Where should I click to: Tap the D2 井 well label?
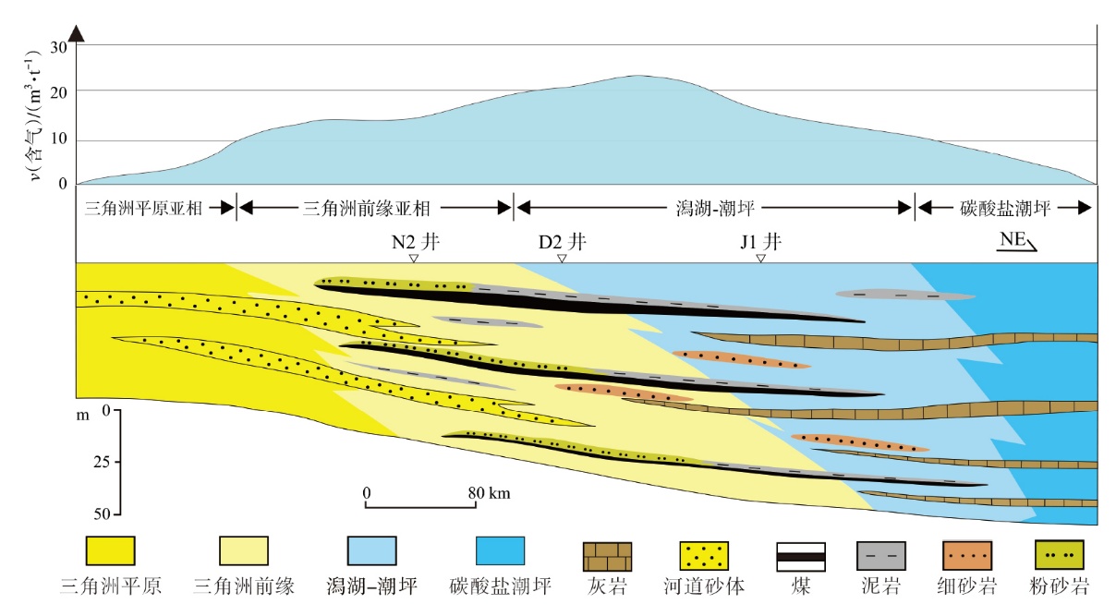(562, 243)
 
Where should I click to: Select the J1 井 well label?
(760, 243)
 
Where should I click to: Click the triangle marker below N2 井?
(414, 259)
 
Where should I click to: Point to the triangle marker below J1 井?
(760, 259)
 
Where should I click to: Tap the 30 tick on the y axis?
(62, 47)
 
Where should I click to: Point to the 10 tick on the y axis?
(62, 140)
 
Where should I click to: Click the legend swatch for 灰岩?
(607, 556)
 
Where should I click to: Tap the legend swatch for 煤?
(799, 556)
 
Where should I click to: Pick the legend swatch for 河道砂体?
(703, 556)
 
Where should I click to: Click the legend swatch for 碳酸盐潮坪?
(500, 551)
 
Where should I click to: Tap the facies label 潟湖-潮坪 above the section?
(713, 208)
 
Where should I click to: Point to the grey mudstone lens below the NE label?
(904, 295)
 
